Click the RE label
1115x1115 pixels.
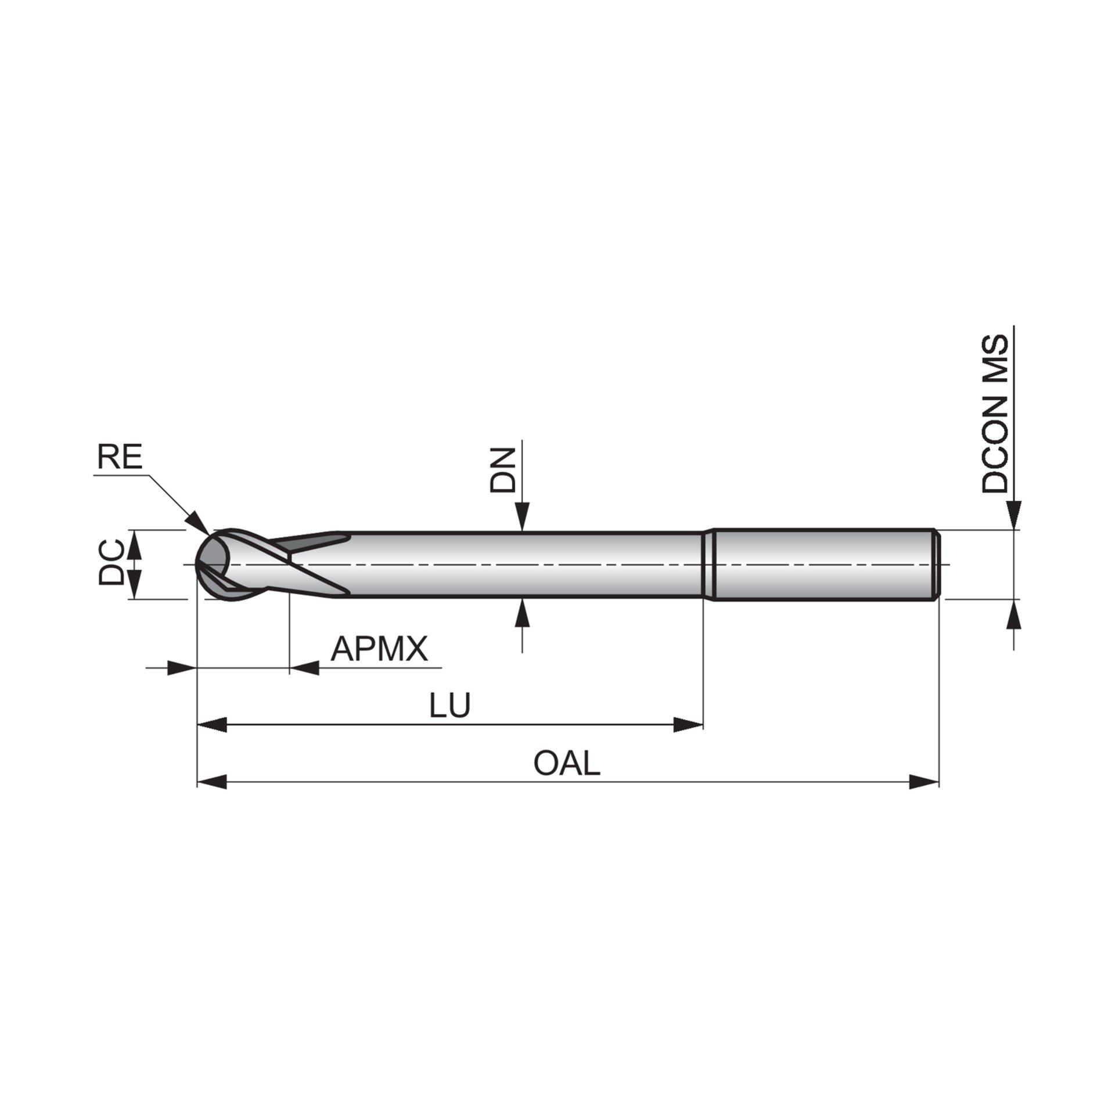[120, 457]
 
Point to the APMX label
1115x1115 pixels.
[379, 649]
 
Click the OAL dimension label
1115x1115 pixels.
[566, 764]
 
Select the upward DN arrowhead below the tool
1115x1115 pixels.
[523, 613]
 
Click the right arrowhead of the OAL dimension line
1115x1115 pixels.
[923, 782]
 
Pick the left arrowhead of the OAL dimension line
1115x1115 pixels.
[212, 782]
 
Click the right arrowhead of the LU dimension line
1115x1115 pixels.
[688, 724]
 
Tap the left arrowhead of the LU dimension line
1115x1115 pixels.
[212, 724]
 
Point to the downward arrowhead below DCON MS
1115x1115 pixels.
[1014, 517]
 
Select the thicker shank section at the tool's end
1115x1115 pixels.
[825, 564]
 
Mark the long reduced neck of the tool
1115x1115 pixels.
[523, 564]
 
